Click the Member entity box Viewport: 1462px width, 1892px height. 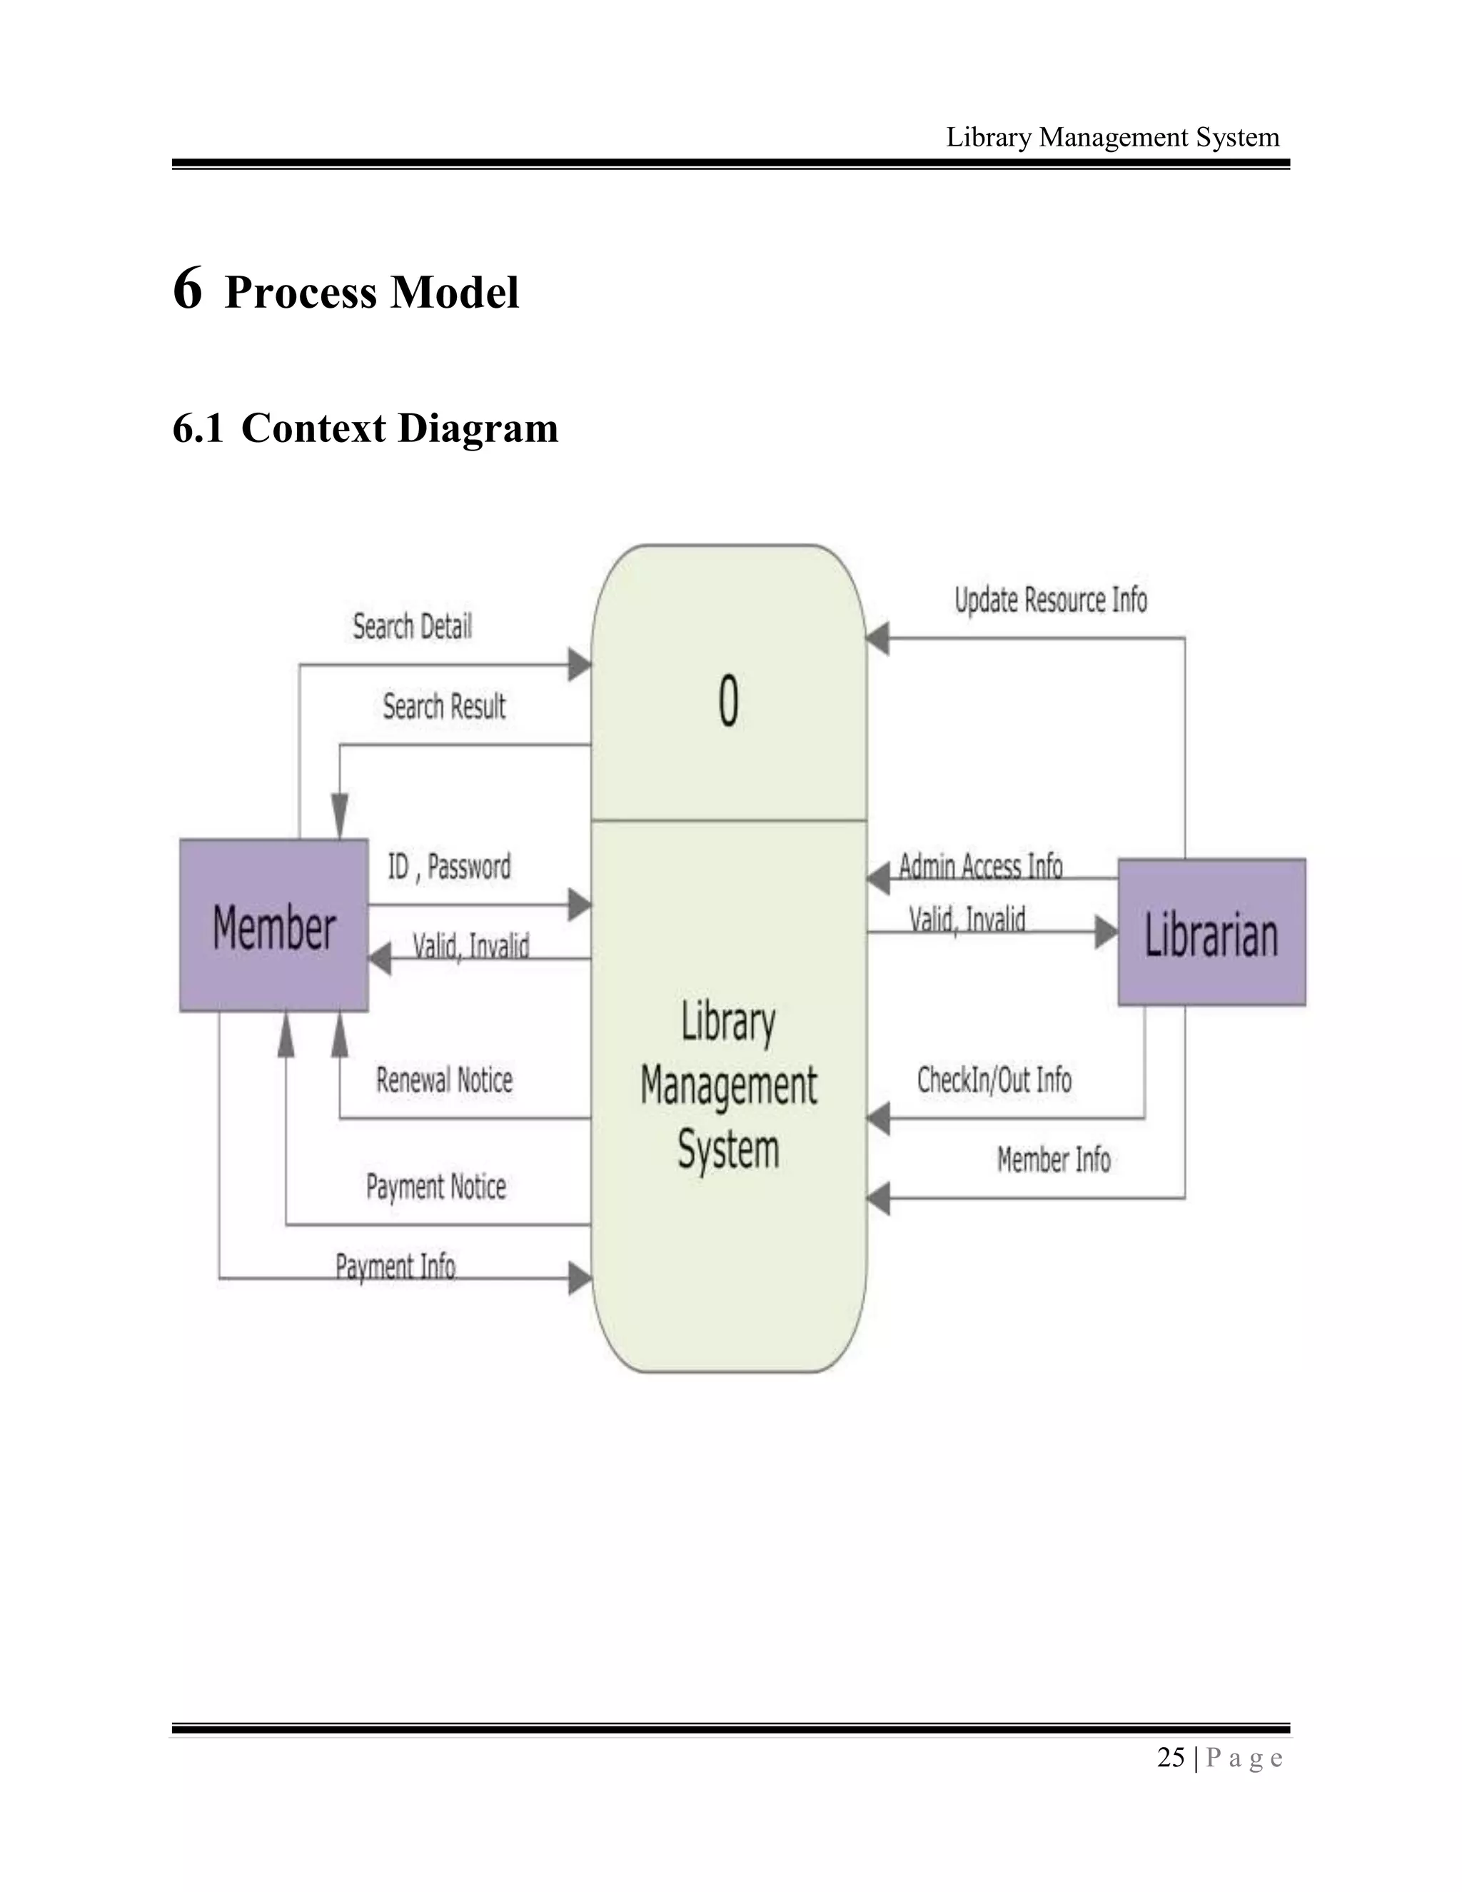point(273,925)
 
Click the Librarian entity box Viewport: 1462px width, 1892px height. point(1211,932)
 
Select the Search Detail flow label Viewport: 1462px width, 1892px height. point(413,625)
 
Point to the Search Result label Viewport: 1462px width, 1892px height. point(444,706)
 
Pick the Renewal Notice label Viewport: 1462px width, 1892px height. point(444,1080)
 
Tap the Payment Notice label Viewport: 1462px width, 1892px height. point(435,1186)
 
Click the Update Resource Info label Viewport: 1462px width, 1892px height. point(1051,600)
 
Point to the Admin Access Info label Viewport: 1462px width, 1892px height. point(980,865)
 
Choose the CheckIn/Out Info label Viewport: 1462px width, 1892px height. point(994,1080)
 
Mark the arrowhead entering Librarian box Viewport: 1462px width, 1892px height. point(1106,932)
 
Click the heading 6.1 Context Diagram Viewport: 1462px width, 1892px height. point(365,428)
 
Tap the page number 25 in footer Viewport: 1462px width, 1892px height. point(1170,1758)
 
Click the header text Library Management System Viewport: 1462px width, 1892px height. point(1112,137)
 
